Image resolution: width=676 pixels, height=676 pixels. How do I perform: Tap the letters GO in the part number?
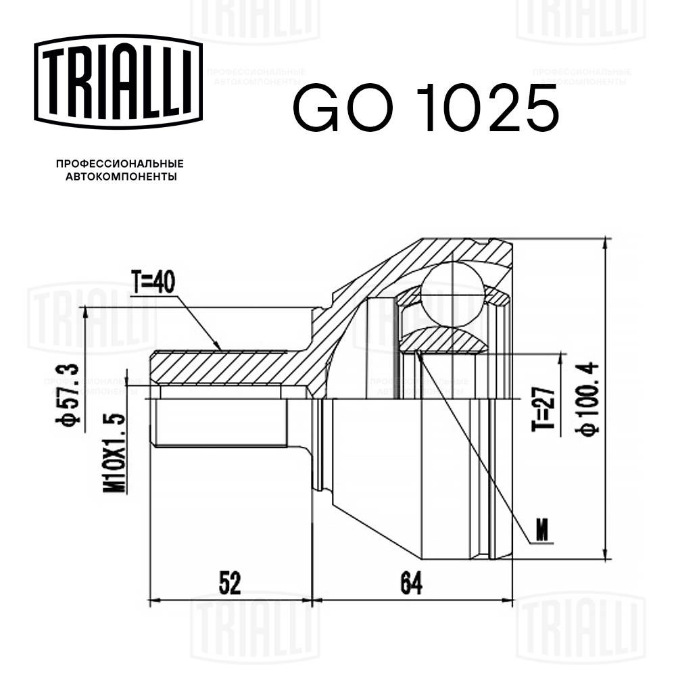pos(339,108)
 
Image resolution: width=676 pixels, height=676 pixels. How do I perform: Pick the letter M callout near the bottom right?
pos(541,533)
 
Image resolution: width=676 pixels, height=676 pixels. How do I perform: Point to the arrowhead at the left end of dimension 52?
pos(153,599)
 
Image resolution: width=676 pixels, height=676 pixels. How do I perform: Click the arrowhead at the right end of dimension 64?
pos(508,599)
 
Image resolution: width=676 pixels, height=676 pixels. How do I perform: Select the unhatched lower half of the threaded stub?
pos(220,422)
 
